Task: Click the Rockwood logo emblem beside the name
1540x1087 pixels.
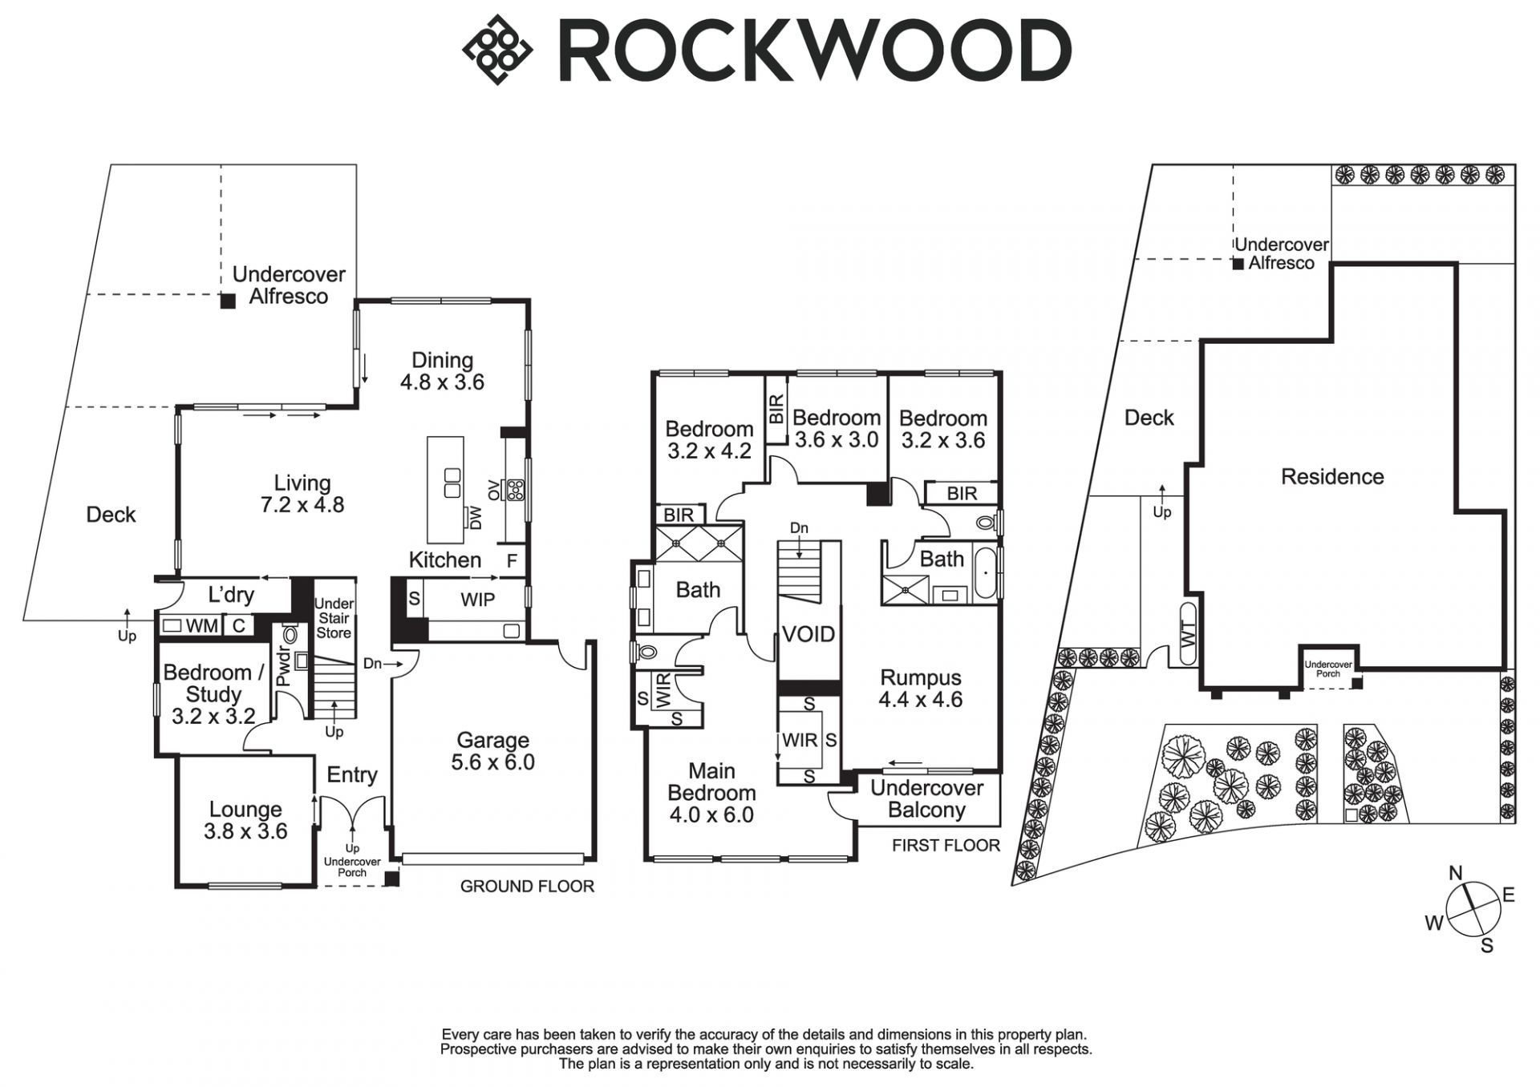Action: (x=497, y=49)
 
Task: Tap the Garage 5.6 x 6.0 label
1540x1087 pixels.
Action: (x=492, y=751)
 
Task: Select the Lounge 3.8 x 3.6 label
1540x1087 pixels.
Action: (x=245, y=820)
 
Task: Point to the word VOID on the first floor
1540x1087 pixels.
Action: (x=808, y=635)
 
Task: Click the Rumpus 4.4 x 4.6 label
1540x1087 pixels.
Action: (x=920, y=689)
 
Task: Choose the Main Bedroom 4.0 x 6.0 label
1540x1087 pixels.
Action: (x=711, y=793)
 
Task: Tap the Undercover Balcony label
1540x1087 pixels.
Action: (x=926, y=798)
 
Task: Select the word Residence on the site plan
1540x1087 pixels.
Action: (x=1332, y=477)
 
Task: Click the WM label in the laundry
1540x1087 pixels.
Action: (x=201, y=626)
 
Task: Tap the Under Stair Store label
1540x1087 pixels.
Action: (x=334, y=618)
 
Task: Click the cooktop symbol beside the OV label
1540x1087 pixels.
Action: (x=514, y=488)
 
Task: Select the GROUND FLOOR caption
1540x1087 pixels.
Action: (x=527, y=886)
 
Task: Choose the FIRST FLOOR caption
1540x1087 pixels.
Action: (x=946, y=845)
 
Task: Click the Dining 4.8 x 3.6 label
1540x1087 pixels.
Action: (x=442, y=370)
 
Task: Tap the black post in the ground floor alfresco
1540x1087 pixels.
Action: (x=229, y=301)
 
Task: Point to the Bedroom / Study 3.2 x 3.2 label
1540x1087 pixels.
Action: (x=213, y=693)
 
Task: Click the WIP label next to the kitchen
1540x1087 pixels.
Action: (x=477, y=600)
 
